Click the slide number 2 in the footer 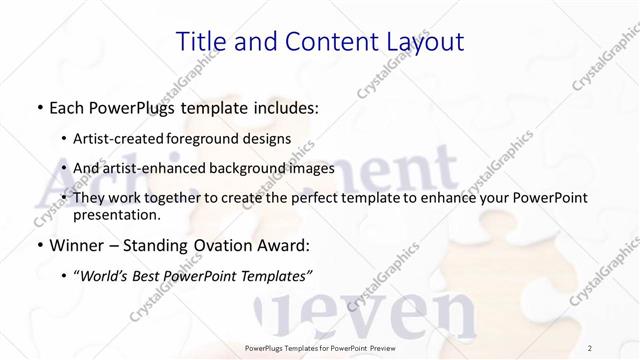tap(590, 348)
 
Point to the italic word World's tap(104, 275)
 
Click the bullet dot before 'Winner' tap(38, 246)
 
